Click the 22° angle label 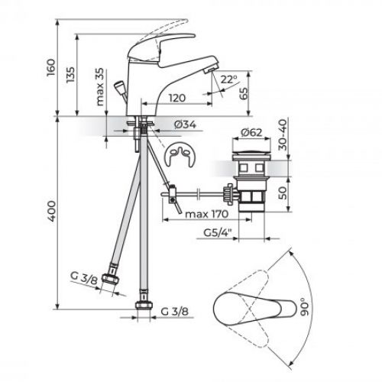coord(229,78)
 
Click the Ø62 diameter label coord(251,132)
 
